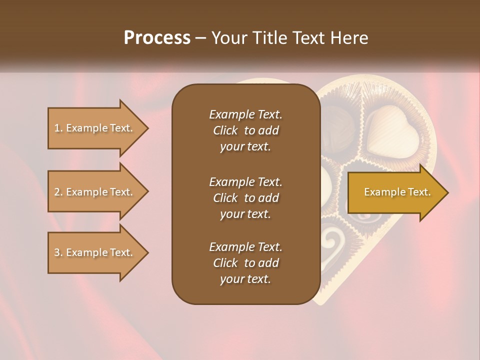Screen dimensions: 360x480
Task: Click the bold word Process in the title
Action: [157, 37]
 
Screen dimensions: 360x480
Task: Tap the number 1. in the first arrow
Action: [58, 128]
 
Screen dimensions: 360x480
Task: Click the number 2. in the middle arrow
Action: [58, 192]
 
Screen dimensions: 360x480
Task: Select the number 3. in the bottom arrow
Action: [58, 252]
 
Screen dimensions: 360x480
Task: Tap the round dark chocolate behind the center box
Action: [330, 125]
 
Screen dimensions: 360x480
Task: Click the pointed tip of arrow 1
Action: [147, 128]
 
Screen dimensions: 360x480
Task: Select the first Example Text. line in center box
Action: [245, 114]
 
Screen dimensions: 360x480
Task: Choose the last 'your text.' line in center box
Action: [245, 279]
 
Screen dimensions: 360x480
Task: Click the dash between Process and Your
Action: [201, 37]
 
